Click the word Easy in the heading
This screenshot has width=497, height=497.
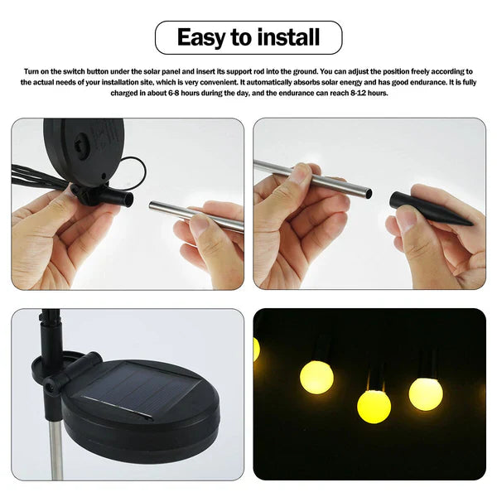[201, 37]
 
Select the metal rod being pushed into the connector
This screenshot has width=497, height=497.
[195, 216]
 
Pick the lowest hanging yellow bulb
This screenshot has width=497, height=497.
[374, 406]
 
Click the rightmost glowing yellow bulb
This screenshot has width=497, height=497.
[426, 393]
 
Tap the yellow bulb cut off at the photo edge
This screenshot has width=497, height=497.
[256, 349]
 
